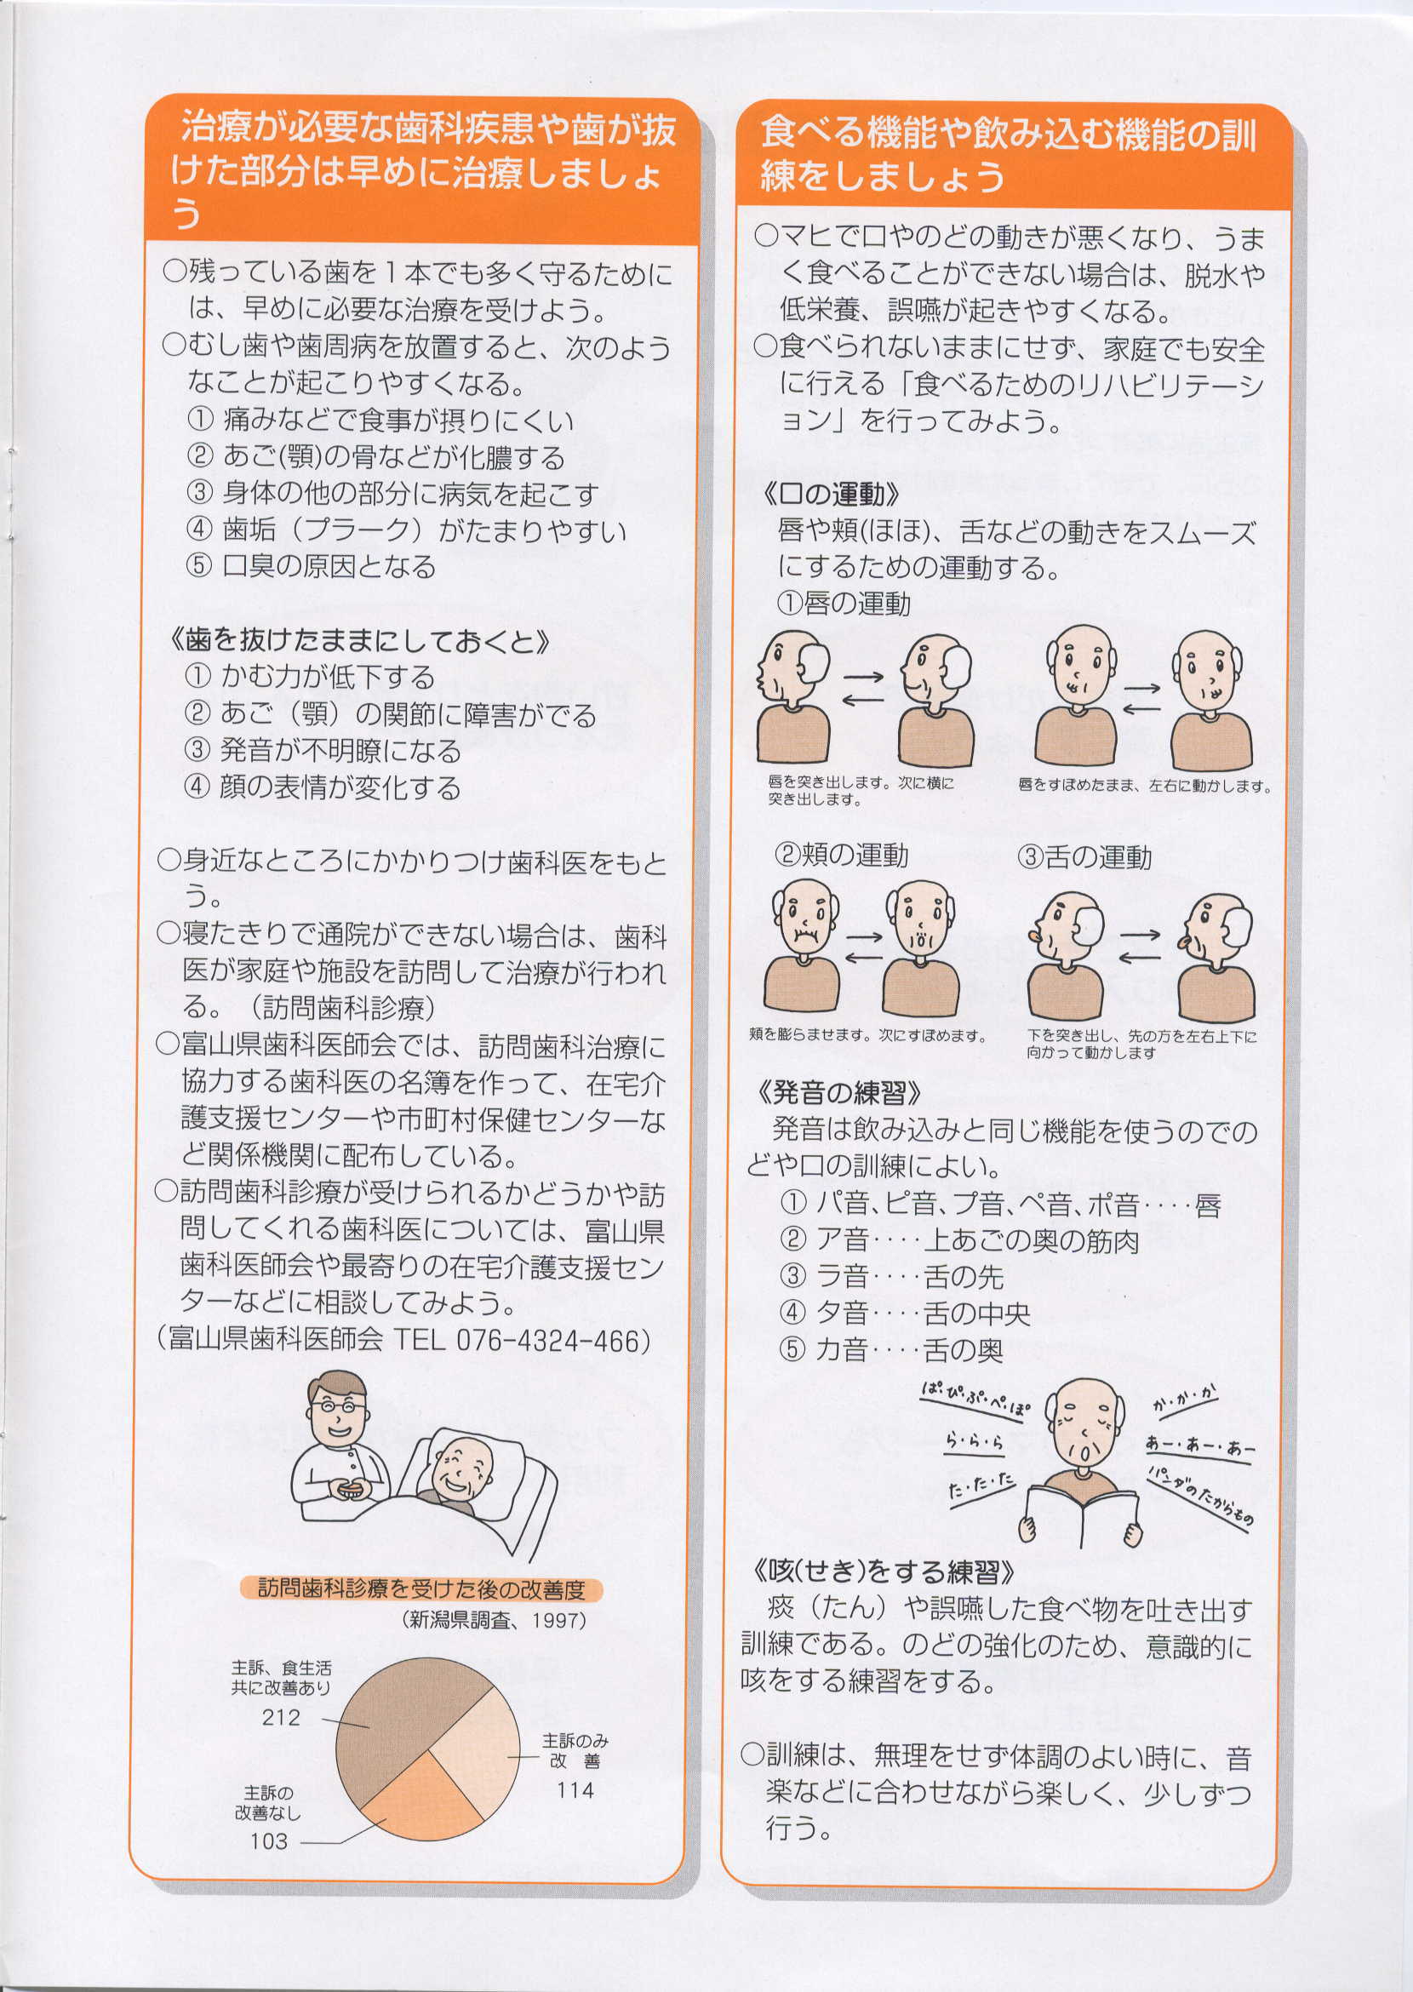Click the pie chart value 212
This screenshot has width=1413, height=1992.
click(280, 1717)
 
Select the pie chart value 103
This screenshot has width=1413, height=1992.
click(268, 1840)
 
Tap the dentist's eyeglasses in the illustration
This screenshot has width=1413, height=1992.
click(337, 1405)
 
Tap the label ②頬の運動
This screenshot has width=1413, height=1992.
click(840, 856)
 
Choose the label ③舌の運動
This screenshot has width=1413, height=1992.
click(1084, 857)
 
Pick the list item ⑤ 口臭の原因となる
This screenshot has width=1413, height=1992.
click(311, 567)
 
